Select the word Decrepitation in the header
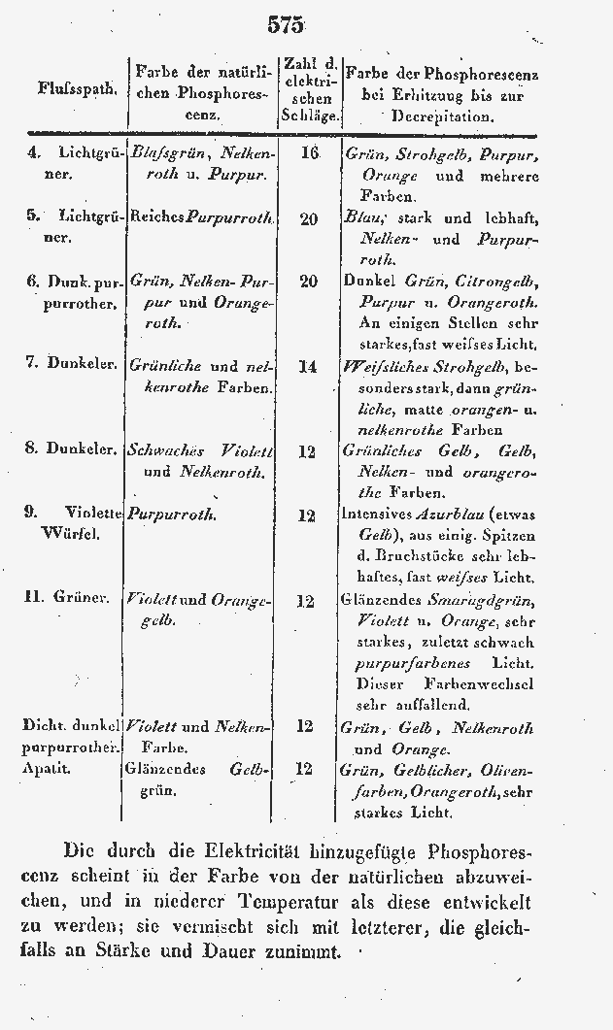click(443, 116)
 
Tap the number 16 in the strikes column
click(310, 154)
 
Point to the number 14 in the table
click(309, 367)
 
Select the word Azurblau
click(456, 515)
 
